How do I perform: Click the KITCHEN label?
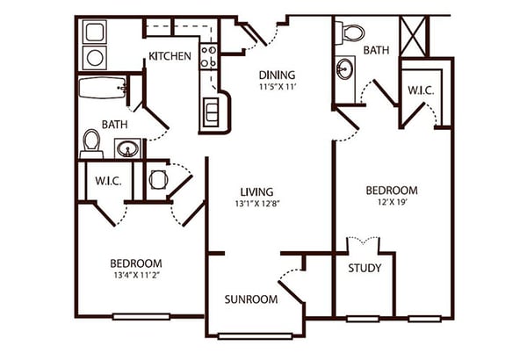point(170,56)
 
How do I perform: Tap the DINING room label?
point(277,75)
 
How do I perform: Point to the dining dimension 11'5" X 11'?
point(277,87)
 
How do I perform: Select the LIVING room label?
point(256,192)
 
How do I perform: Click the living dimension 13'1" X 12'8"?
point(257,204)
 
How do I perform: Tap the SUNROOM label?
point(251,299)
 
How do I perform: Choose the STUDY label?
point(365,268)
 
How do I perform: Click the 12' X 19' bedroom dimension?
point(392,202)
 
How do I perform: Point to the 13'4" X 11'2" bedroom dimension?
point(136,276)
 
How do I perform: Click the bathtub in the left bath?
point(103,88)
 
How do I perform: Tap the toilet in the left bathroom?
point(91,144)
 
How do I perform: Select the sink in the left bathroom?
point(127,148)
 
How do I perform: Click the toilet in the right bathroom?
point(350,33)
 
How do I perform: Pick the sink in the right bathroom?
point(345,69)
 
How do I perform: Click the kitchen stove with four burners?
point(208,56)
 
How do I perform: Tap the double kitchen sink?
point(211,112)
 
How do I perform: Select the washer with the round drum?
point(95,58)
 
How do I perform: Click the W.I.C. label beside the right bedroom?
point(421,90)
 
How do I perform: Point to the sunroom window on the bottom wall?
point(255,336)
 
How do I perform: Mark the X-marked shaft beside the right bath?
point(414,36)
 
